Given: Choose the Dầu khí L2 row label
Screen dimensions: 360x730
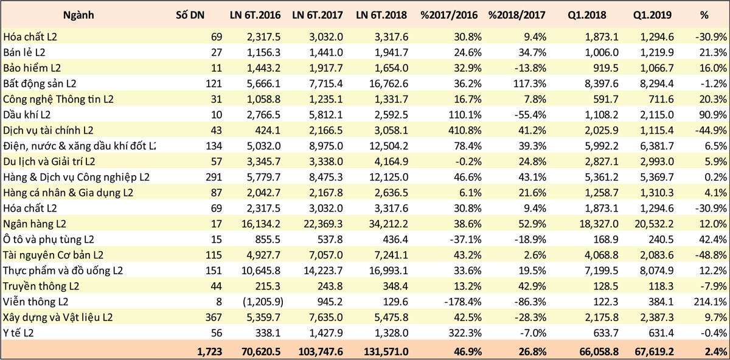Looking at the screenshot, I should pyautogui.click(x=27, y=114).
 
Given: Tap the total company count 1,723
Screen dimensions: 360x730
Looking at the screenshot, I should pyautogui.click(x=210, y=351).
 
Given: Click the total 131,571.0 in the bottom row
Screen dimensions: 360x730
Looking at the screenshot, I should pyautogui.click(x=383, y=351).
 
